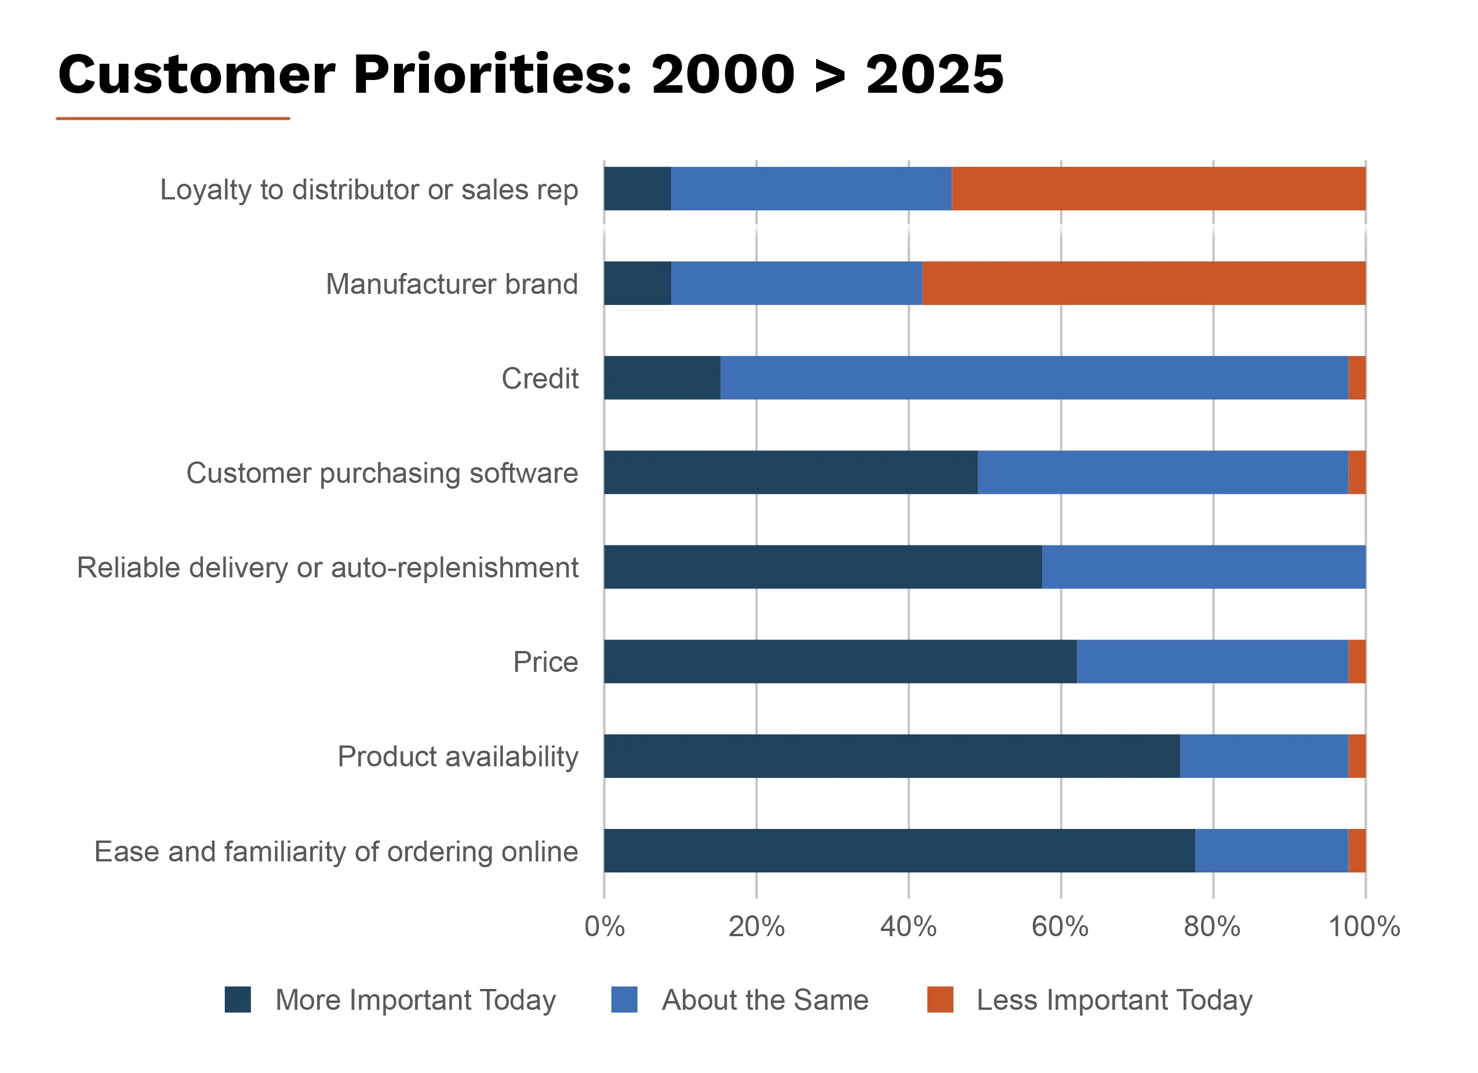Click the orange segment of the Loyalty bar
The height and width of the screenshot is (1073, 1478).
[x=1158, y=188]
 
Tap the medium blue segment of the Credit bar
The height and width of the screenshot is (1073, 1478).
[x=1033, y=377]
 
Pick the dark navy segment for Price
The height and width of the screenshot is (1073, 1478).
[x=839, y=661]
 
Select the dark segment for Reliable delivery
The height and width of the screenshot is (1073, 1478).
[x=822, y=566]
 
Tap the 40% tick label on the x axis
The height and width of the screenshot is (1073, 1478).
[x=908, y=926]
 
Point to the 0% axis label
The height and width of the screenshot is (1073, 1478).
[x=604, y=926]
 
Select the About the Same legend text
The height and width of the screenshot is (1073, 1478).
[x=765, y=999]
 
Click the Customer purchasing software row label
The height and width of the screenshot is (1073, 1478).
[x=382, y=472]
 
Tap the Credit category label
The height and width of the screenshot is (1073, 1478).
[x=540, y=378]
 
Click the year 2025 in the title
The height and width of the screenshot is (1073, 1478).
[x=934, y=74]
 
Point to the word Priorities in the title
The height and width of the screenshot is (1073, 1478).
[x=493, y=74]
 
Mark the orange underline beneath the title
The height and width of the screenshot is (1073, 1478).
[x=173, y=119]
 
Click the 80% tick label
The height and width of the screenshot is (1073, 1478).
[x=1212, y=926]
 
